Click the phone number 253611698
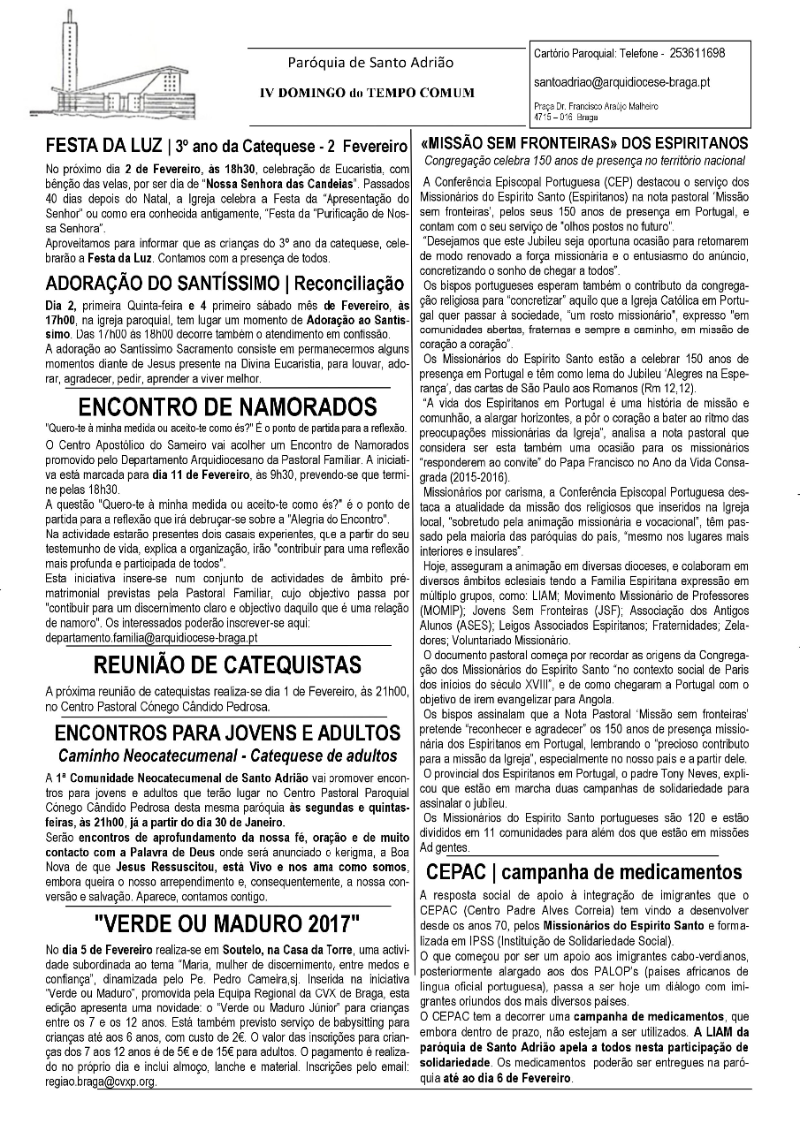(x=696, y=54)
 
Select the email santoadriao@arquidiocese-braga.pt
(x=622, y=82)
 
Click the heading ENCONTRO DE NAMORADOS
(x=228, y=407)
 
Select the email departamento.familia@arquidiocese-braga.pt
(x=151, y=637)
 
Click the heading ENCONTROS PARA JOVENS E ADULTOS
(x=227, y=733)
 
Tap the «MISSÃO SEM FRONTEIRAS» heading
(x=585, y=143)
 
